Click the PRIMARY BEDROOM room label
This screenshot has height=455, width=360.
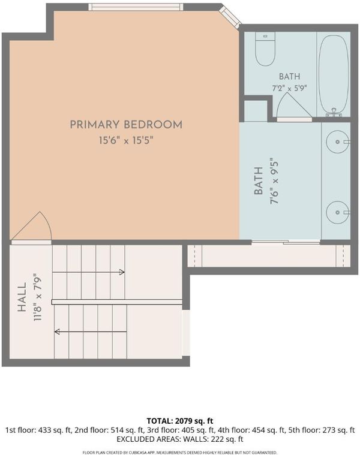(126, 125)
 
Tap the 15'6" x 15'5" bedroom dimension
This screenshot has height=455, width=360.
(126, 140)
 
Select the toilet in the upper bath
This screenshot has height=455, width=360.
(265, 49)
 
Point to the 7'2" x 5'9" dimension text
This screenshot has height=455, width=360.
(289, 88)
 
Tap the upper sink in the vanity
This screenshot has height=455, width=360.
(338, 141)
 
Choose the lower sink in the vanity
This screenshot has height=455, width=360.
(338, 212)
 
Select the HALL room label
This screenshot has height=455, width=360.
(22, 297)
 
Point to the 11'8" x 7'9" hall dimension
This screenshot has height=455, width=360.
(38, 297)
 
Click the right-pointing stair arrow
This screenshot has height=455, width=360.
(88, 272)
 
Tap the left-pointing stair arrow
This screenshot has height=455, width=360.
(91, 332)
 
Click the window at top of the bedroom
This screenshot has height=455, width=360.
(136, 7)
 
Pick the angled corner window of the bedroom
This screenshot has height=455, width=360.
(229, 16)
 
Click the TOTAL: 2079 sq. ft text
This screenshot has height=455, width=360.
(180, 421)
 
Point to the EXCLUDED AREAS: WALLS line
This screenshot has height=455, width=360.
(180, 439)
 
